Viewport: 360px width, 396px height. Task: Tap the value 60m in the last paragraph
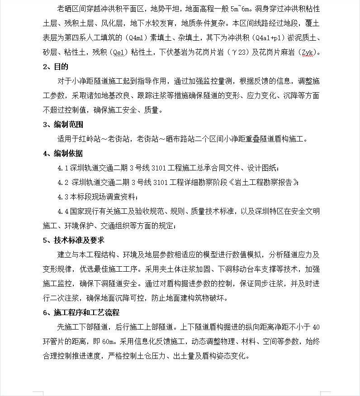[x=110, y=341]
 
